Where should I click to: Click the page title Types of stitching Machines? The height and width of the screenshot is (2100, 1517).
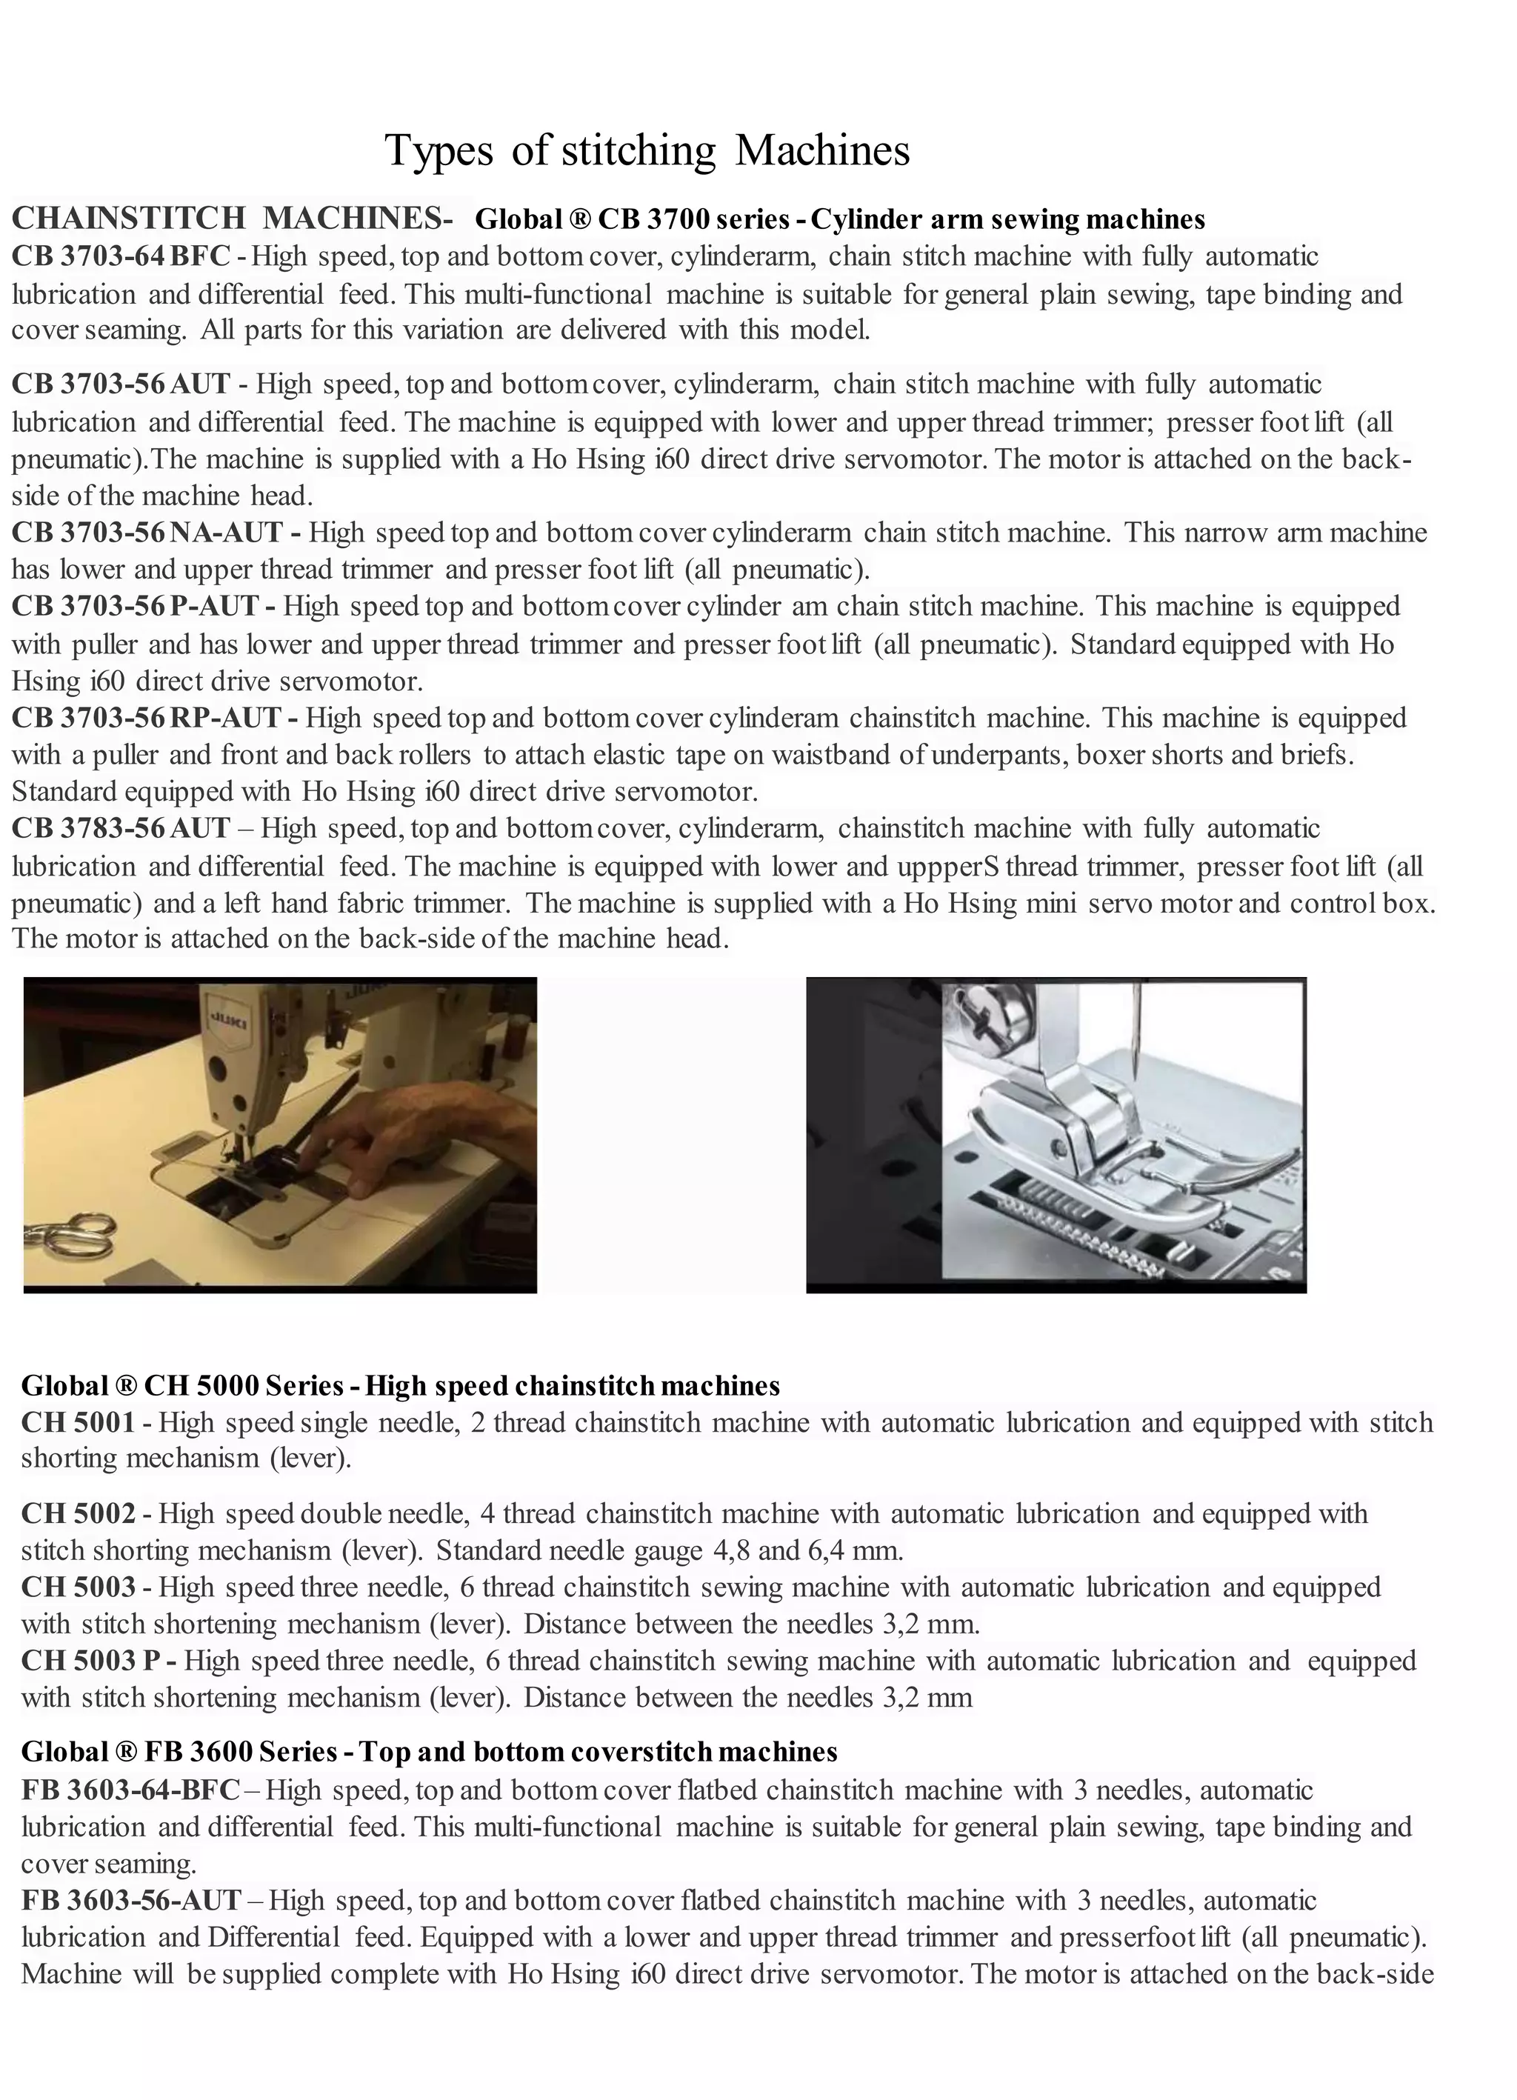[x=647, y=150]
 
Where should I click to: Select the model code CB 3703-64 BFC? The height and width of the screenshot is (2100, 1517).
[x=121, y=256]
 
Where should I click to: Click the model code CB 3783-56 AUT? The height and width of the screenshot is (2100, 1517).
[x=121, y=828]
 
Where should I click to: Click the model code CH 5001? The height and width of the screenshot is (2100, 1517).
[x=79, y=1422]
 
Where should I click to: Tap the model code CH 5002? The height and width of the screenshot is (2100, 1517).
[x=79, y=1514]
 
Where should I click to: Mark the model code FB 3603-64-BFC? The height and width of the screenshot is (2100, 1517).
[x=130, y=1789]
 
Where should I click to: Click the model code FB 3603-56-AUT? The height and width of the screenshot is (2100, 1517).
[x=130, y=1900]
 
